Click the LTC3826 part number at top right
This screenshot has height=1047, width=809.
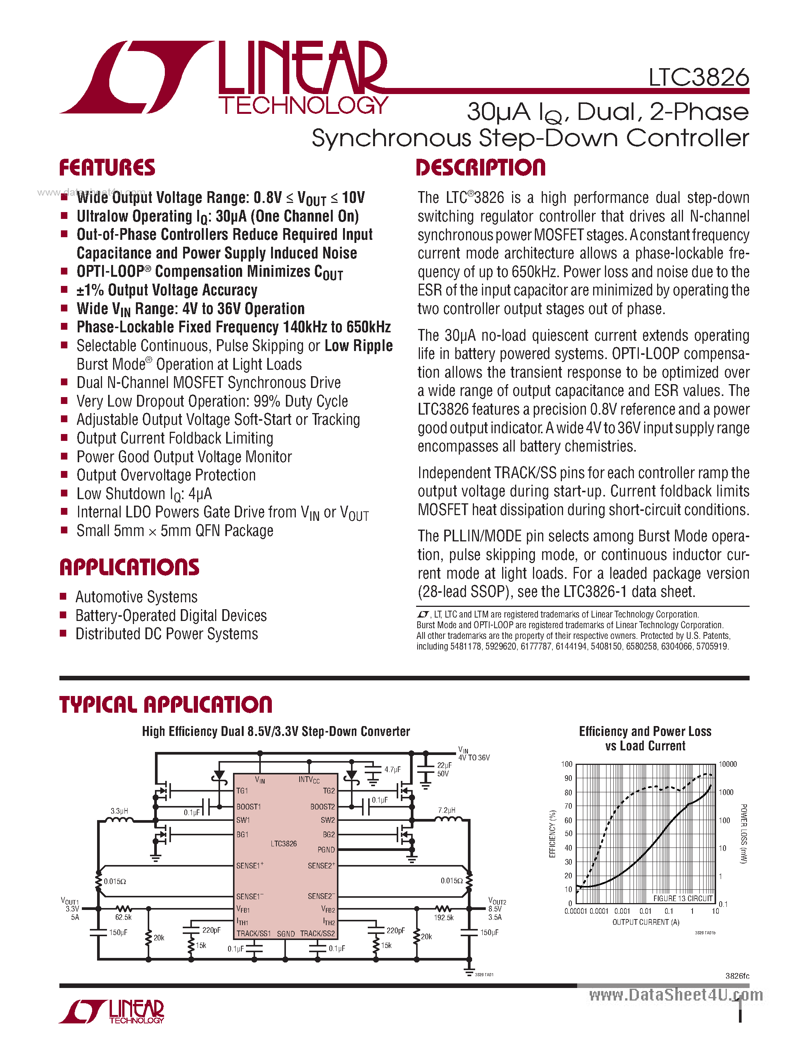point(698,77)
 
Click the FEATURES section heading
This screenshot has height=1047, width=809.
point(107,168)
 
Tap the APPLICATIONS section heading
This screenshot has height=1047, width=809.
point(129,567)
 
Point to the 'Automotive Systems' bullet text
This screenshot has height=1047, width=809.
point(136,597)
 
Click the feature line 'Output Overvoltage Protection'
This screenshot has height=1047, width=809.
point(166,475)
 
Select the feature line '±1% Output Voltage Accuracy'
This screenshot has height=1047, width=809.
point(167,290)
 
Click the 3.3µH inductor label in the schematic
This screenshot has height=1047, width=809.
point(119,811)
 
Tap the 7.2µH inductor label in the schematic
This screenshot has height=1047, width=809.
point(447,810)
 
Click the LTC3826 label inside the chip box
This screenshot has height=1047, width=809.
point(283,843)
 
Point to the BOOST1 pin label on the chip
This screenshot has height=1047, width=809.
point(248,806)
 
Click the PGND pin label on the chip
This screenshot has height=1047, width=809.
point(326,849)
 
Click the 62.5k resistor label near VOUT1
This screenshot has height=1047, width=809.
point(123,917)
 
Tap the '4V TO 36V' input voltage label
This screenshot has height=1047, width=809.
point(474,757)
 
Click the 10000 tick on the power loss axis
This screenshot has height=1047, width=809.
point(728,764)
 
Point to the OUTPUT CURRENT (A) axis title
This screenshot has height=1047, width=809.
point(646,922)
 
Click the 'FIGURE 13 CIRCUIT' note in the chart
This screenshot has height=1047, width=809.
point(683,899)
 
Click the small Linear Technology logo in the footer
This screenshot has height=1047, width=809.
point(112,1012)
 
